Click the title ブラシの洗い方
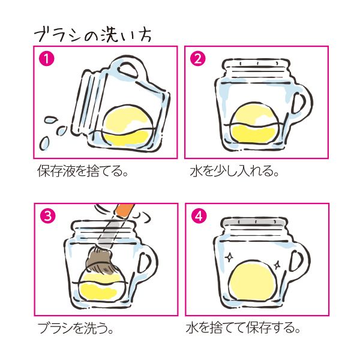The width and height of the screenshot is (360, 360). click(92, 33)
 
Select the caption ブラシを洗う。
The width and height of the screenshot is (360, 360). click(76, 329)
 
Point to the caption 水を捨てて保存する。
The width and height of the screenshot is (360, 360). click(243, 329)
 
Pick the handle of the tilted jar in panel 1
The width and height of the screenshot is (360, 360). click(131, 68)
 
